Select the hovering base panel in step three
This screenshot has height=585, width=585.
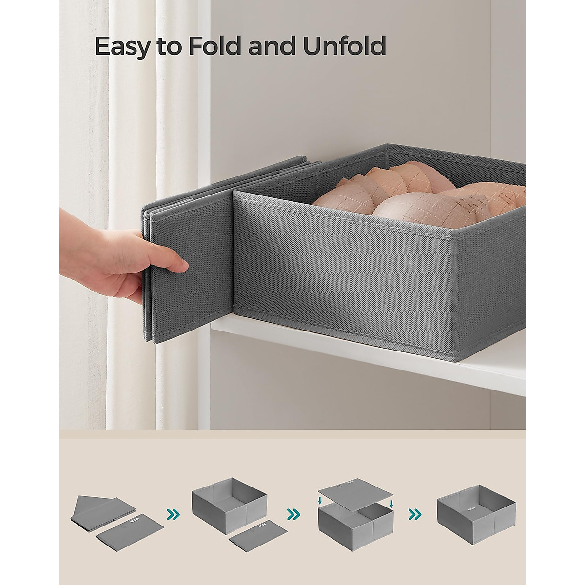click(x=356, y=495)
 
